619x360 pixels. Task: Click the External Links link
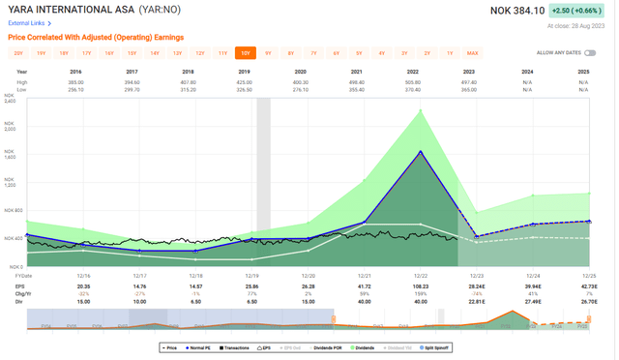tap(27, 23)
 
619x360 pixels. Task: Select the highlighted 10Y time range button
tap(246, 53)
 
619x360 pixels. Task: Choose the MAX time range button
tap(472, 53)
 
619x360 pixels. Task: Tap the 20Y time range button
tap(19, 53)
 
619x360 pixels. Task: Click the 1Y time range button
tap(450, 53)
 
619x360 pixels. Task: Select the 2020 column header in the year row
tap(300, 72)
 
